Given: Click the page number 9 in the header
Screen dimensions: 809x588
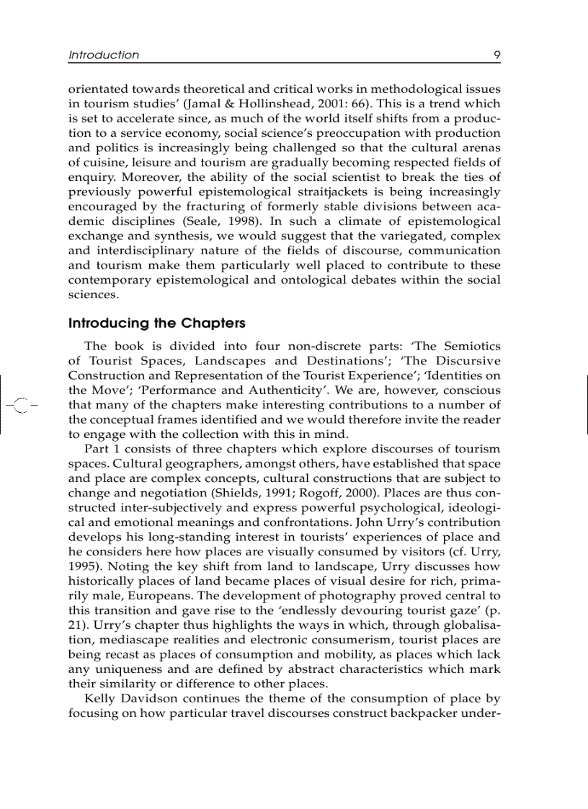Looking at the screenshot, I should (496, 55).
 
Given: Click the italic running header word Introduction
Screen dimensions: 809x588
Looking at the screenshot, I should (104, 55).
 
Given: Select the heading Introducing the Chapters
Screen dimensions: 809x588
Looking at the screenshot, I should (157, 323).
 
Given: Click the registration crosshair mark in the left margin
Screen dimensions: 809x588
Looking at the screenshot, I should (20, 406).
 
